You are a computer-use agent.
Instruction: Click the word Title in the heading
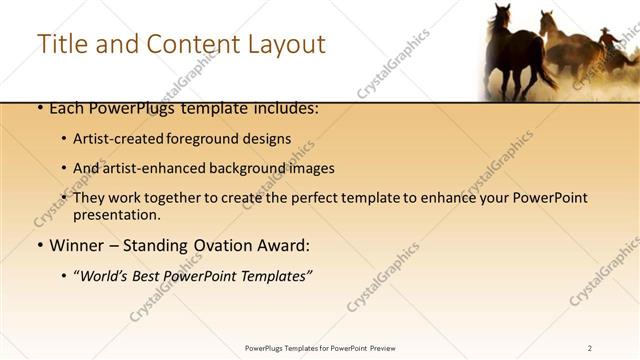[x=61, y=44]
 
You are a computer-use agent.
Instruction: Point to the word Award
[x=287, y=245]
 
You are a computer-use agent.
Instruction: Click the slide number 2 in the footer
[x=590, y=348]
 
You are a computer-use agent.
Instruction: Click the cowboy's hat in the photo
[x=606, y=32]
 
